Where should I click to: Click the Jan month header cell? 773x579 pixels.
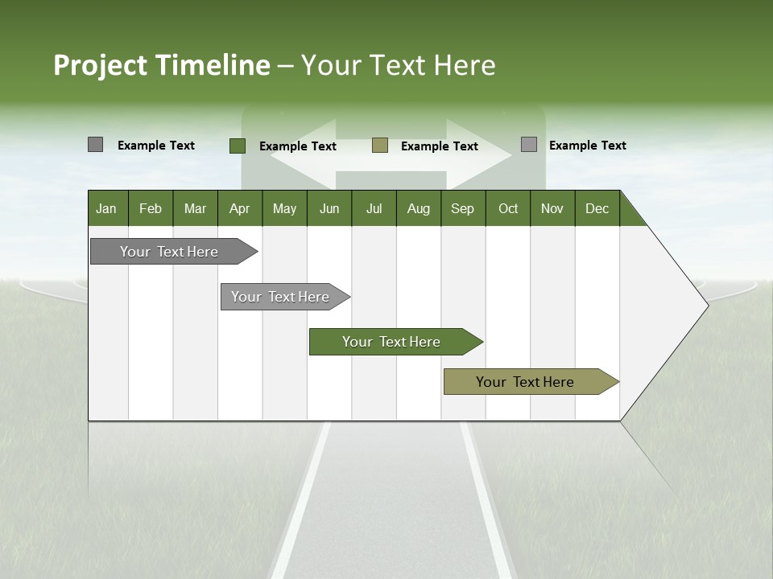point(107,208)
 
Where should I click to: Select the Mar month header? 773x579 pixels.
point(195,208)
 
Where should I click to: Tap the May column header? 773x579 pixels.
point(284,208)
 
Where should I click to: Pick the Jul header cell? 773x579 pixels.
point(374,208)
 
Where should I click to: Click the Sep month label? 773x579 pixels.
point(462,208)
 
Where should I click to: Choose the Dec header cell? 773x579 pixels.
point(597,208)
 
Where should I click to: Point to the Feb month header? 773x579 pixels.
point(151,208)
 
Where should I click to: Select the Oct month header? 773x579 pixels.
point(508,208)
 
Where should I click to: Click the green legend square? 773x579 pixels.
point(237,146)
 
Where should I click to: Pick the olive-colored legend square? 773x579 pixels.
point(380,146)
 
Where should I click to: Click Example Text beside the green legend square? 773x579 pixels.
point(297,146)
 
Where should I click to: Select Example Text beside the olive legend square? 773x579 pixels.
point(439,146)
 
